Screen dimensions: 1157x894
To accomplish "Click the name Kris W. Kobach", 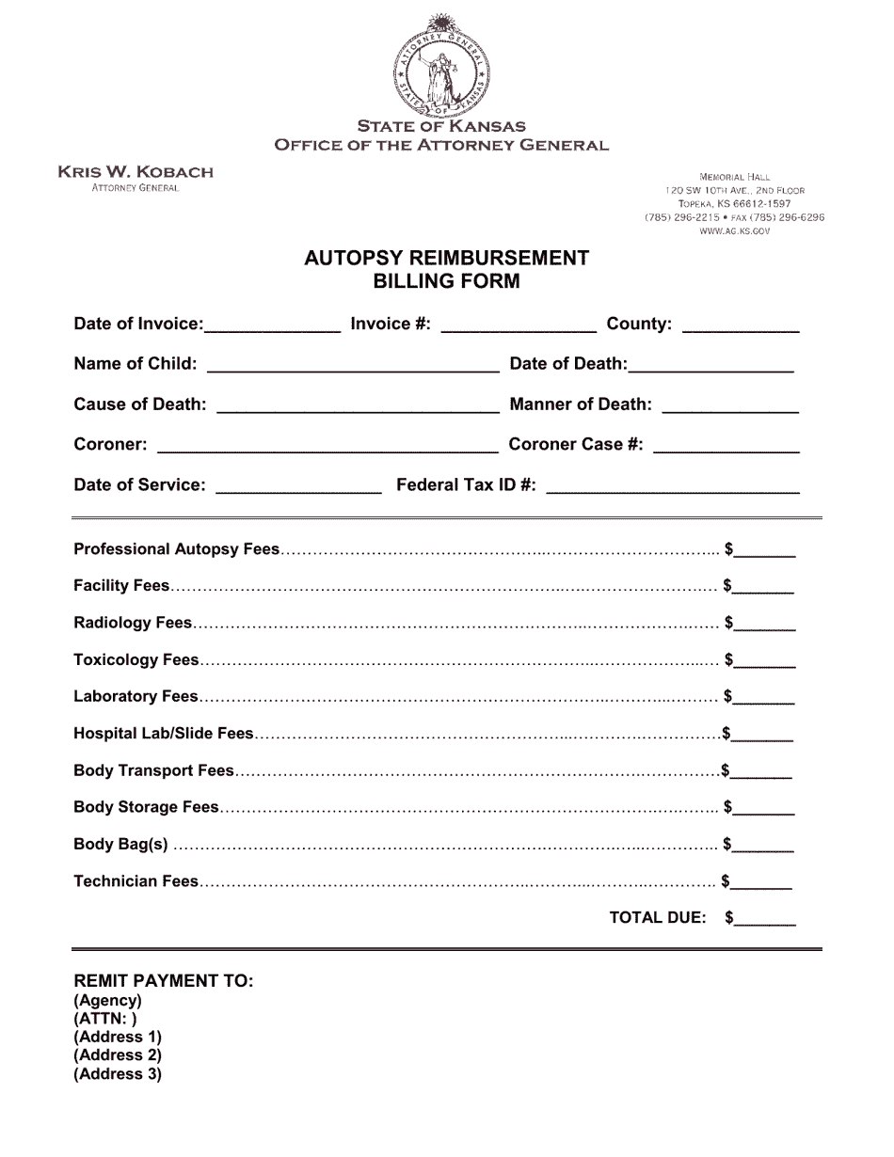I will point(136,172).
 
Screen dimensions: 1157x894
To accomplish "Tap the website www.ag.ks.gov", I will point(734,231).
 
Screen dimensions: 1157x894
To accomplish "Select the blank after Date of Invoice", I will point(272,325).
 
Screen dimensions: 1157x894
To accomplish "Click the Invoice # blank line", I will point(518,325).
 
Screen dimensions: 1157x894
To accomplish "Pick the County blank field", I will point(740,325).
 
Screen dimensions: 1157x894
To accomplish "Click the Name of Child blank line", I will point(353,365).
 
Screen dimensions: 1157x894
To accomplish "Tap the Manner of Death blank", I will point(730,405).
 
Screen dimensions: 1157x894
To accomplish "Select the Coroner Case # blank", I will point(726,446).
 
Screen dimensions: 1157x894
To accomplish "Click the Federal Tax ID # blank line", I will point(672,486).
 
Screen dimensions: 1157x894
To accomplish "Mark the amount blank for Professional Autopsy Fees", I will point(765,550).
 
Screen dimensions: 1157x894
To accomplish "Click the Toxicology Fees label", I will point(136,660).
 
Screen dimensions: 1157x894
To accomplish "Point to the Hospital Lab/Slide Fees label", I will point(164,734).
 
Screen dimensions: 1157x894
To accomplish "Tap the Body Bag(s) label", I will point(120,845).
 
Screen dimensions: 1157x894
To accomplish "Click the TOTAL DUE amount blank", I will point(765,919).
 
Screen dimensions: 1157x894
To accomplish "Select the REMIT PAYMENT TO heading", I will point(164,981).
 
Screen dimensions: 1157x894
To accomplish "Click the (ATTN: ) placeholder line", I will point(105,1019).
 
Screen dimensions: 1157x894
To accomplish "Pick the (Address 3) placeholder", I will point(118,1074).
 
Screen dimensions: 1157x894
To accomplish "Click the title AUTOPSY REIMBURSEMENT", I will point(446,259).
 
